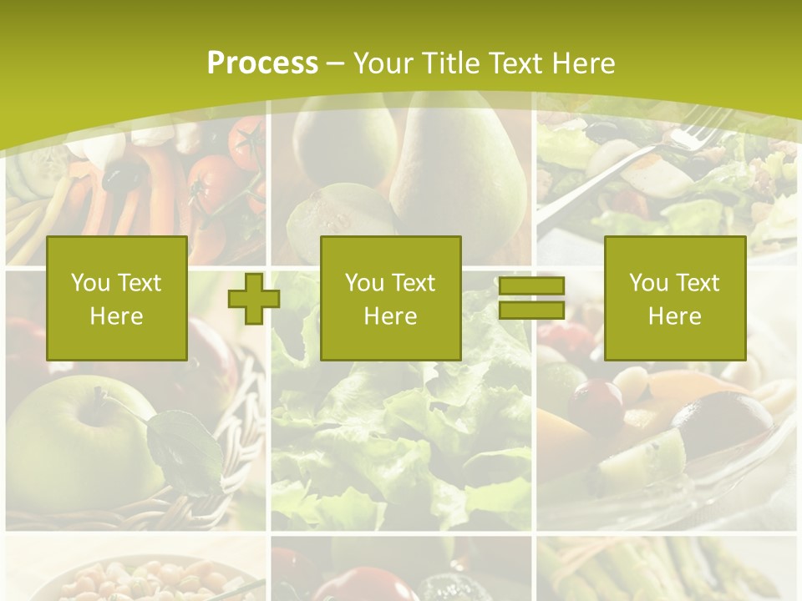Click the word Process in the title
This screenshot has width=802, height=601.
click(x=262, y=63)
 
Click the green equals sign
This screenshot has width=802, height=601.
click(x=531, y=299)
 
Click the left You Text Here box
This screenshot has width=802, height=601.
click(x=117, y=299)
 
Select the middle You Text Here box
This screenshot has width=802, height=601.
click(x=391, y=299)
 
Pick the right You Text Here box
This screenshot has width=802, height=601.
click(x=675, y=299)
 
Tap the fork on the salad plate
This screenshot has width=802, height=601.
click(x=635, y=167)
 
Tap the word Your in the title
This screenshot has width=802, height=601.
click(x=384, y=63)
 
